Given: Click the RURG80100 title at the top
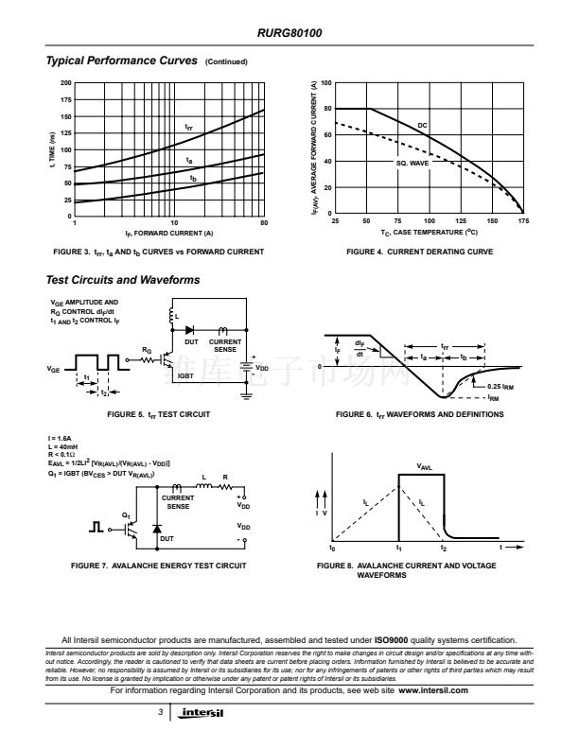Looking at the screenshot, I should click(x=289, y=32).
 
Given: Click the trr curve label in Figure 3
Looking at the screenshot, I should click(x=188, y=126).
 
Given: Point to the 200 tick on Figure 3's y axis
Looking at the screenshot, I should click(x=66, y=83).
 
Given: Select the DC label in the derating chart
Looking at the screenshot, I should click(x=423, y=124).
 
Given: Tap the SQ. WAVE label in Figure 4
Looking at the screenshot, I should click(x=412, y=163).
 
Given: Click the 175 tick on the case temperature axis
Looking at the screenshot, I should click(x=523, y=221).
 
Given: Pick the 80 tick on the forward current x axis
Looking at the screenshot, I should click(x=264, y=221).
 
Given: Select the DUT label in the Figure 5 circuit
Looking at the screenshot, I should click(x=190, y=341).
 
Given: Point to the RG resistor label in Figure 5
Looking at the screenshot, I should click(x=146, y=350).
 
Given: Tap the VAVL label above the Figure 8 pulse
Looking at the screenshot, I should click(x=426, y=466).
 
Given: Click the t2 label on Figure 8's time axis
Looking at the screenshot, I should click(x=444, y=549).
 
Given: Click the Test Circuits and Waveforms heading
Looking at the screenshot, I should click(x=123, y=279).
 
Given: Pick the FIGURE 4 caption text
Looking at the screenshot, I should click(x=420, y=252).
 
